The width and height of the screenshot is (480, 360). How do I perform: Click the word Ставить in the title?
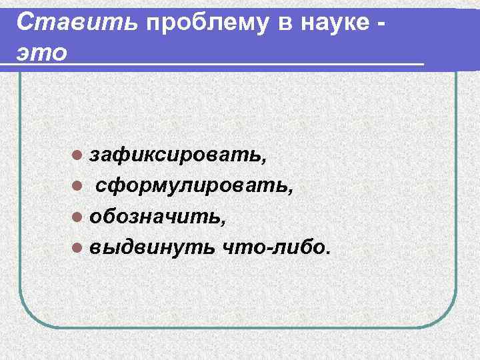77,21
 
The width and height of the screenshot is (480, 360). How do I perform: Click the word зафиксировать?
176,155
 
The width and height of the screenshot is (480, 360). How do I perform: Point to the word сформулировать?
191,186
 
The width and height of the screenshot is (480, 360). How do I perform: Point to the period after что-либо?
327,253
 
